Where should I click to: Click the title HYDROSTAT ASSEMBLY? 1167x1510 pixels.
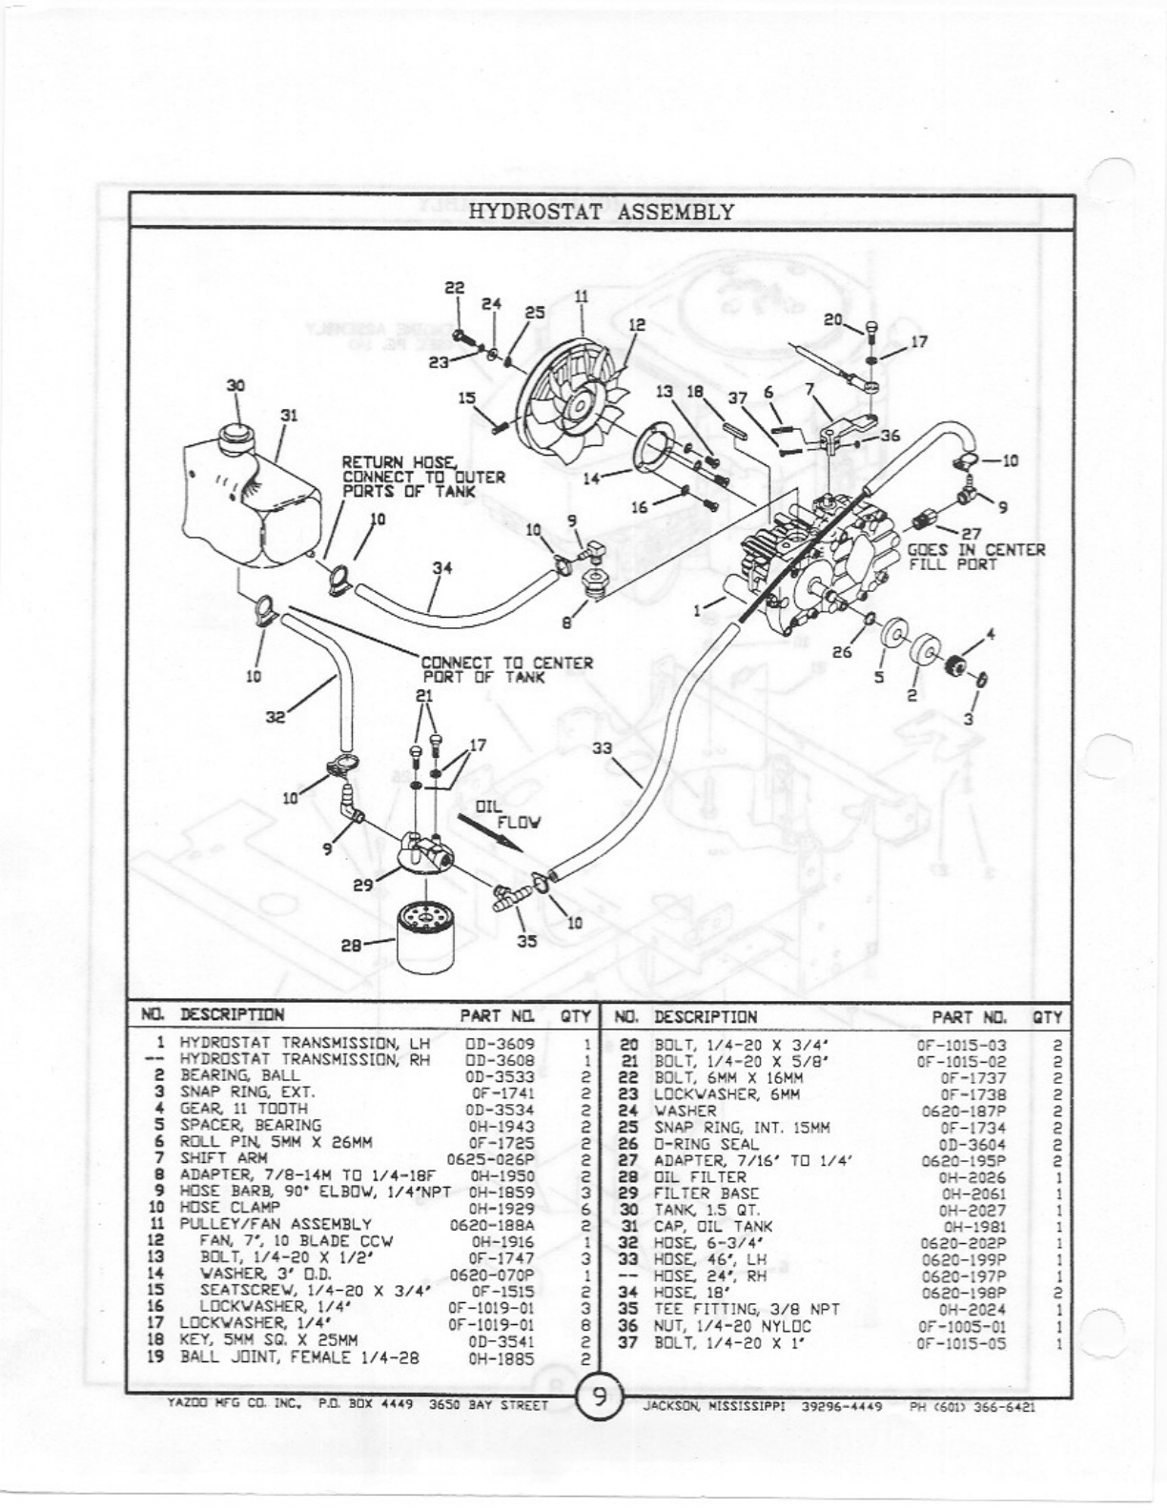pyautogui.click(x=602, y=211)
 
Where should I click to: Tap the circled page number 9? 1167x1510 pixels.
pyautogui.click(x=600, y=1398)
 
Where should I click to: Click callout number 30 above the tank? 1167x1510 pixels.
pyautogui.click(x=235, y=385)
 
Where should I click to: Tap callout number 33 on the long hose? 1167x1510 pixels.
pyautogui.click(x=602, y=748)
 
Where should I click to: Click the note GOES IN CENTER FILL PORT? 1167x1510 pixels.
pyautogui.click(x=975, y=557)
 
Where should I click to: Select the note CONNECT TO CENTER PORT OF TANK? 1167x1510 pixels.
pyautogui.click(x=506, y=669)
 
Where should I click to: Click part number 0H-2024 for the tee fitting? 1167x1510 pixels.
pyautogui.click(x=972, y=1310)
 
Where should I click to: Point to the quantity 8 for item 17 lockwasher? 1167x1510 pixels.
pyautogui.click(x=584, y=1325)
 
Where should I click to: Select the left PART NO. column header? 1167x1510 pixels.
pyautogui.click(x=496, y=1016)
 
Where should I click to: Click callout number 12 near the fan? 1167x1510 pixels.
pyautogui.click(x=637, y=325)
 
